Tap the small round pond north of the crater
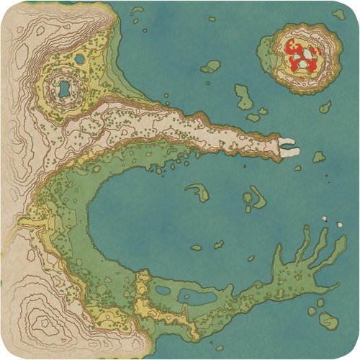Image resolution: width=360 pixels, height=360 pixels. (x=79, y=58)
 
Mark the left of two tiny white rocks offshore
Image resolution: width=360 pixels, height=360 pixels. (x=323, y=217)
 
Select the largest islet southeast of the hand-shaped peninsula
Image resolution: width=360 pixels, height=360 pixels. (x=328, y=321)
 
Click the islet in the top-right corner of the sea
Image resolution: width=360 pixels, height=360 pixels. (x=338, y=14)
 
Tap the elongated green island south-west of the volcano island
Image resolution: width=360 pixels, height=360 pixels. (x=243, y=96)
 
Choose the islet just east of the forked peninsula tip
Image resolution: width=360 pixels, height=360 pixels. (x=318, y=156)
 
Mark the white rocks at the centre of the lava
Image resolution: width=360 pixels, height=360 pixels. (x=307, y=56)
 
